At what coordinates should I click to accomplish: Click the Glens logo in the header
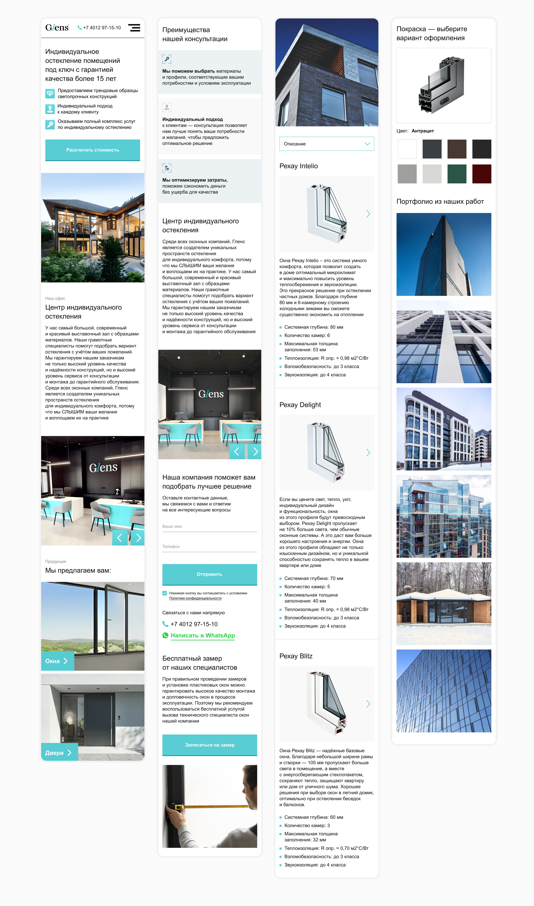coord(57,28)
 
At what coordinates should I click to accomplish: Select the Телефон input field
coord(209,547)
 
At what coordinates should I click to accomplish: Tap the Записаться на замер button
coord(209,745)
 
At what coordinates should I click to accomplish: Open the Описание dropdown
coord(327,144)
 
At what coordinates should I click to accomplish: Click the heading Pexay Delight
coord(300,405)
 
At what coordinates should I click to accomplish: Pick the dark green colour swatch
coord(457,174)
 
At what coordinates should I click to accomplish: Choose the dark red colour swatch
coord(481,174)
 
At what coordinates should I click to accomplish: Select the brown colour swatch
coord(457,149)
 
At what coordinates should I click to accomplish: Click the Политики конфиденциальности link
coord(195,598)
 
